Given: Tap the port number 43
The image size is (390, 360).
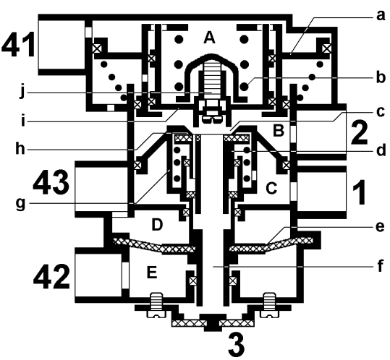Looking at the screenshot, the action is tap(51, 182).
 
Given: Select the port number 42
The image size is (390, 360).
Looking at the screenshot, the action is tap(52, 276).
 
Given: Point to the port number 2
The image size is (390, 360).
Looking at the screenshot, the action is tap(359, 132).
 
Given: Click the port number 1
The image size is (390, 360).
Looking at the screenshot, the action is tap(359, 192).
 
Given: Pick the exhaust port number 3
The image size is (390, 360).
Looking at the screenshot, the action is tap(237, 346).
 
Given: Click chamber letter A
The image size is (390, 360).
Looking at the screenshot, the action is tap(209, 38).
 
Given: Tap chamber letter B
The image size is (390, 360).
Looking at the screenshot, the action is tap(279, 131).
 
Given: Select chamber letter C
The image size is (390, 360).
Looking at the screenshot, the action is tap(271, 188).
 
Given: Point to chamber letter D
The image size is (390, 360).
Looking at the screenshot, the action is tap(157, 225).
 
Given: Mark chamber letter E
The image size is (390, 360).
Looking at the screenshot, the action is tap(152, 272).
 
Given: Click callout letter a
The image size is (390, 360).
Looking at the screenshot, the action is tap(381, 16).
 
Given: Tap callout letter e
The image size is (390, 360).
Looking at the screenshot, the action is tap(380, 227).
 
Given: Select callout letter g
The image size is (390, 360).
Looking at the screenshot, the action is tap(21, 204).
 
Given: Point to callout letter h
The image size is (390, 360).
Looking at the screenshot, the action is tap(20, 149).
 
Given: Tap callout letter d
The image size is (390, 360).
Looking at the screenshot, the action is tap(381, 150).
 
